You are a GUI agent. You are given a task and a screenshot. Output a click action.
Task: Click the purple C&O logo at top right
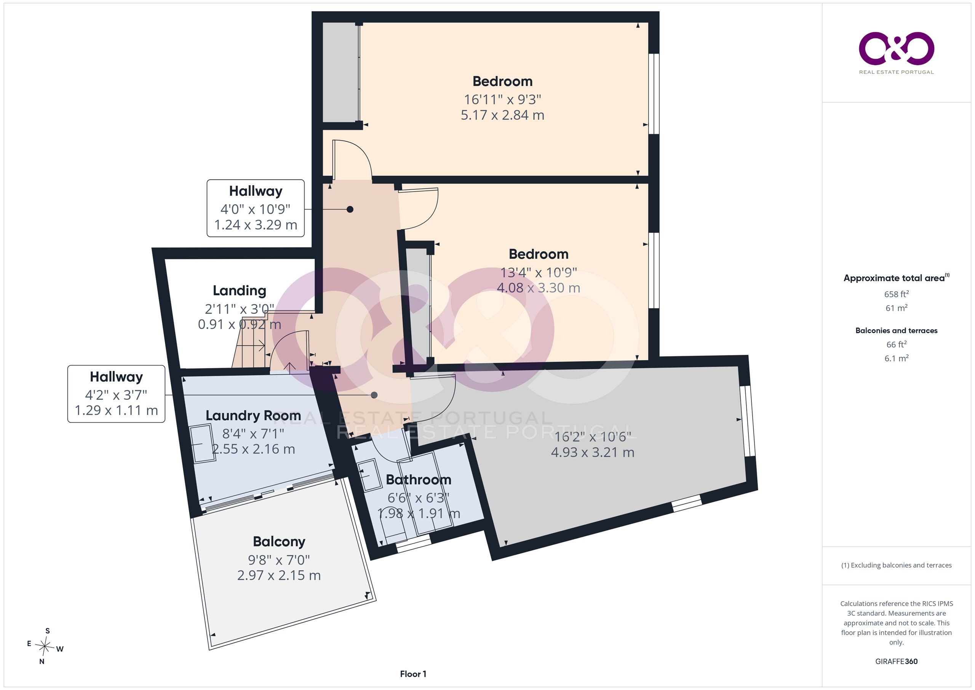[x=896, y=48]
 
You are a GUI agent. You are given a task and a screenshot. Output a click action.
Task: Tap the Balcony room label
[x=279, y=542]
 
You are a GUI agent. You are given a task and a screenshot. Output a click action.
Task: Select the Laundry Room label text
[x=253, y=416]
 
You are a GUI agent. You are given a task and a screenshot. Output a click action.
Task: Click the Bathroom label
[x=418, y=480]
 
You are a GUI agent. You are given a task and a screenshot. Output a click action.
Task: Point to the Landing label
[x=240, y=291]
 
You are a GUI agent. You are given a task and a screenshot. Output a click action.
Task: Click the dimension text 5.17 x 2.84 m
[x=502, y=115]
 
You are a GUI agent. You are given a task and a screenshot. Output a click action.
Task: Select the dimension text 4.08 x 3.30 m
[x=539, y=288]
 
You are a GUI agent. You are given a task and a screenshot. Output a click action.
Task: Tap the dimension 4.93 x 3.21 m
[x=592, y=453]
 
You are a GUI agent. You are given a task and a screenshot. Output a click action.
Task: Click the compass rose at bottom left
[x=45, y=646]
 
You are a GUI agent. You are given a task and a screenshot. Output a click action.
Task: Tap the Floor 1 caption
[x=413, y=674]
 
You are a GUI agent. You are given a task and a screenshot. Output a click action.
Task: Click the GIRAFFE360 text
[x=896, y=661]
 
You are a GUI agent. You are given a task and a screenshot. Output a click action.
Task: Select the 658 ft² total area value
[x=896, y=294]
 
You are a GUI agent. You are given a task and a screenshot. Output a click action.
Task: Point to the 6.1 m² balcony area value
[x=896, y=358]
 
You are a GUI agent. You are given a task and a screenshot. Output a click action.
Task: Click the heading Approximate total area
[x=896, y=278]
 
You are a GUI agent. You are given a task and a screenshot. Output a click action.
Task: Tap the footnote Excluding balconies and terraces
[x=896, y=565]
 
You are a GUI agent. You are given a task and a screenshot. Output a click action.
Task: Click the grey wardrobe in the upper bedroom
[x=340, y=72]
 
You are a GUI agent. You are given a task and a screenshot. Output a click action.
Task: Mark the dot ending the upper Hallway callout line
[x=350, y=209]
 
